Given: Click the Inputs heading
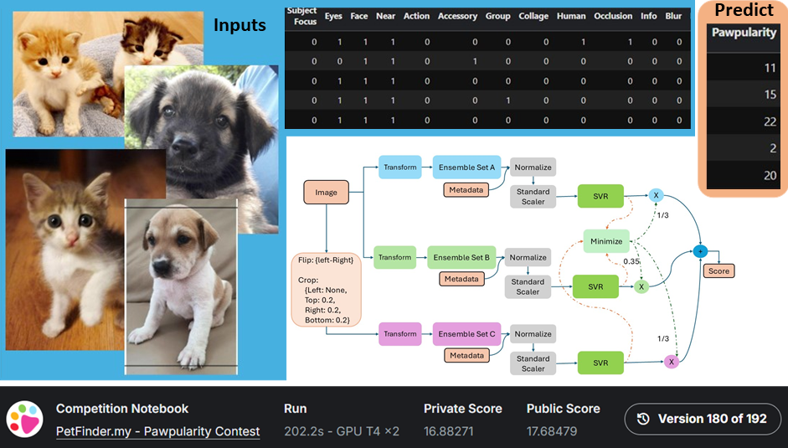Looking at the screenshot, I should coord(239,25).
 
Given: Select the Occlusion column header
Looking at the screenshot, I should coord(614,16).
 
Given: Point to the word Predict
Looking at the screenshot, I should coord(744,11).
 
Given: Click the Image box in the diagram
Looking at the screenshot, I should coord(326,193).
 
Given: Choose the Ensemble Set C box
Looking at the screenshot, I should coord(467,334).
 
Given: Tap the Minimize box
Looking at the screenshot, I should coord(606,241).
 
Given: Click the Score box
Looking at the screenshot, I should coord(718,270).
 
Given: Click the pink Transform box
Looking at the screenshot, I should coord(399,334).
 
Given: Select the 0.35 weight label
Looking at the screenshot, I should coord(631,261).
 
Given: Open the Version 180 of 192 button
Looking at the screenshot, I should coord(703,419).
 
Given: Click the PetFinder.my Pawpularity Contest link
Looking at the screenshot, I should coord(157,431).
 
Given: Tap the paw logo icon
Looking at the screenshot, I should coord(26,420).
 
